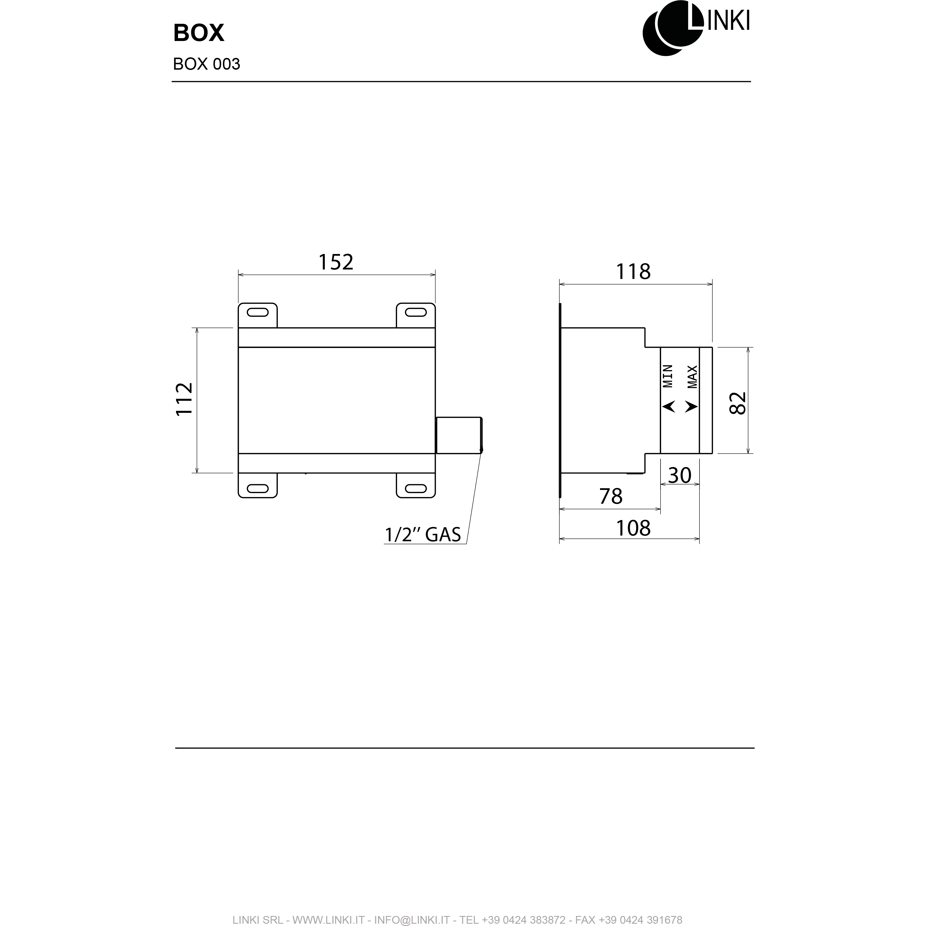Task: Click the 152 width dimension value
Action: pos(336,262)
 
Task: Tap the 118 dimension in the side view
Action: pos(633,272)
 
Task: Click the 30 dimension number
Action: pos(680,475)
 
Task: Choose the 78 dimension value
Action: pos(611,497)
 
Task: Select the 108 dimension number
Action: pos(633,528)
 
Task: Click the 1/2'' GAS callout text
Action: pos(423,534)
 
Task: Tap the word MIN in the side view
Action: pos(668,376)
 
